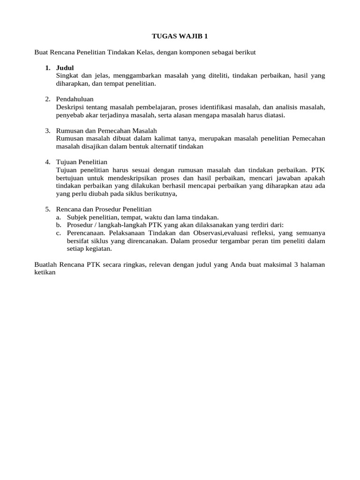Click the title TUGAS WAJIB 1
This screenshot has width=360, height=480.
(180, 36)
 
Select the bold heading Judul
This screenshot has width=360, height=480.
(65, 68)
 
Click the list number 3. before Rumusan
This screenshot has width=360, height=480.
(48, 130)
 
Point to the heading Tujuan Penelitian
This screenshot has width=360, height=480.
(82, 162)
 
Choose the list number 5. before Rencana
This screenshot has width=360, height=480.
(48, 209)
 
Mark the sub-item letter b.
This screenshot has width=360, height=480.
(58, 225)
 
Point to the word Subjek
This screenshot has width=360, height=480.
(77, 217)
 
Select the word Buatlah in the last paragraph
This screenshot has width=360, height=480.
(46, 264)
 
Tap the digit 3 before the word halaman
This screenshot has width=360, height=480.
(296, 264)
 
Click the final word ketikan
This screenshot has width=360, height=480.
(45, 272)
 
